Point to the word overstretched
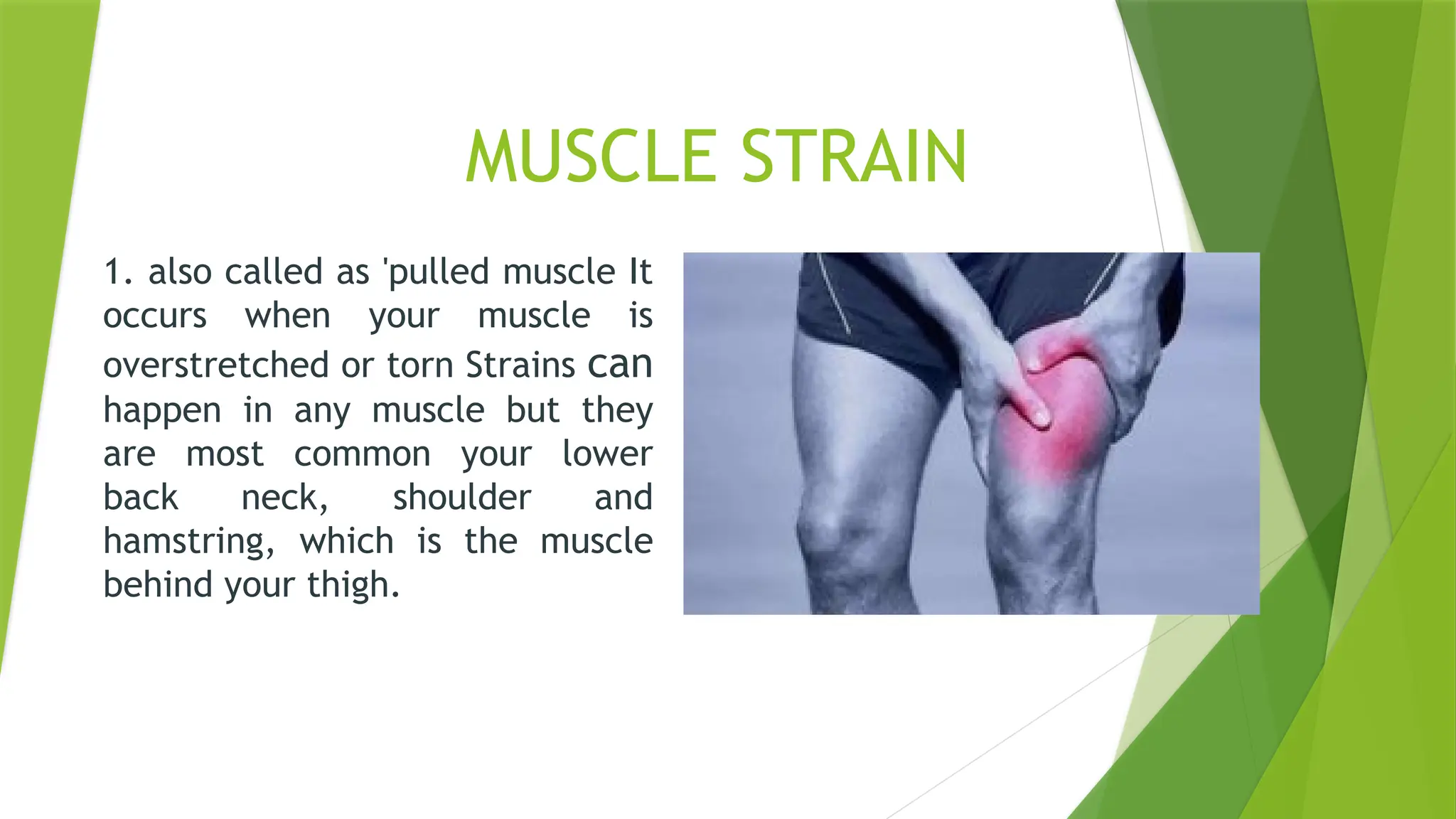tap(216, 365)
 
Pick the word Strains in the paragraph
tap(520, 365)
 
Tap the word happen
tap(162, 411)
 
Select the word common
tap(362, 454)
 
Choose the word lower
tap(607, 454)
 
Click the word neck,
tap(284, 498)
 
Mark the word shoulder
tap(462, 498)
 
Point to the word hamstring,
tap(189, 542)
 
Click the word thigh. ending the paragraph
tap(353, 586)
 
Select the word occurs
tap(155, 316)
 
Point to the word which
tap(346, 541)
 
